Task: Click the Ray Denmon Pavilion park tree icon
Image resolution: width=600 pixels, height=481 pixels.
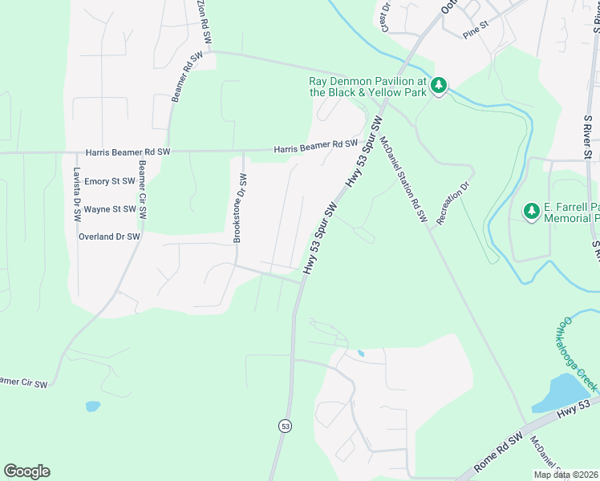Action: [439, 85]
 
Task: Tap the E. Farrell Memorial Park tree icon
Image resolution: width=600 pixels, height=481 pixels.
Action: [531, 211]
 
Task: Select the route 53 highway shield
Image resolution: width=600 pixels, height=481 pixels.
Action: [285, 426]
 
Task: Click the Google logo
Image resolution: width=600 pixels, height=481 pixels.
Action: [26, 471]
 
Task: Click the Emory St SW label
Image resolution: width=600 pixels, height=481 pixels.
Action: [111, 182]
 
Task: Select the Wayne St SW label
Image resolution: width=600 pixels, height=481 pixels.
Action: [111, 209]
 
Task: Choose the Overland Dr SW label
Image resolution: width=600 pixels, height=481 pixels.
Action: [109, 236]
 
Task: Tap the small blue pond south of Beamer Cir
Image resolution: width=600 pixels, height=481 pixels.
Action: [92, 406]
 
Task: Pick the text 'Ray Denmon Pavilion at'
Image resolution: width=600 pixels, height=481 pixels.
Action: [367, 81]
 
